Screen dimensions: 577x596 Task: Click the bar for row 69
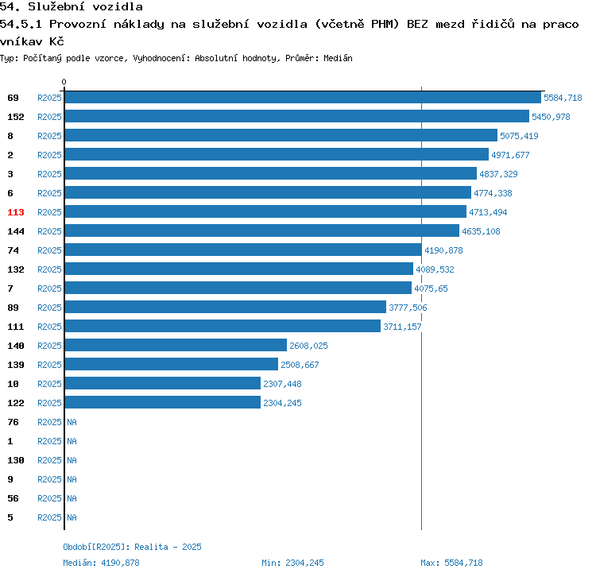pyautogui.click(x=302, y=98)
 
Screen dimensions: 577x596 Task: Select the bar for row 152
pyautogui.click(x=296, y=117)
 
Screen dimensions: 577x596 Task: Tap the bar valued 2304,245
pyautogui.click(x=163, y=403)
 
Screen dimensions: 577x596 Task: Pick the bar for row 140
pyautogui.click(x=176, y=346)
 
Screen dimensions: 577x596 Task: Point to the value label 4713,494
pyautogui.click(x=488, y=212)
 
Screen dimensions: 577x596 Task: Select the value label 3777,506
pyautogui.click(x=408, y=308)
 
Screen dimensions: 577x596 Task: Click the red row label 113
pyautogui.click(x=16, y=212)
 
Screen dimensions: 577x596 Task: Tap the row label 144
pyautogui.click(x=16, y=231)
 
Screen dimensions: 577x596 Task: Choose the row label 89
pyautogui.click(x=14, y=308)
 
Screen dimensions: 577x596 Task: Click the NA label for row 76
pyautogui.click(x=72, y=422)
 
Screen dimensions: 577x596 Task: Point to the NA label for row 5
pyautogui.click(x=72, y=517)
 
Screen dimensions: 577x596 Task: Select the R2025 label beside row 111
pyautogui.click(x=49, y=327)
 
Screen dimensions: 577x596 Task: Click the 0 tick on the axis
pyautogui.click(x=64, y=82)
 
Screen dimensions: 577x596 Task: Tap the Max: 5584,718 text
pyautogui.click(x=451, y=563)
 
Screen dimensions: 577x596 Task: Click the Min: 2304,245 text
pyautogui.click(x=292, y=563)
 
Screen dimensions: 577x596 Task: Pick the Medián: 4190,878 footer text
pyautogui.click(x=101, y=563)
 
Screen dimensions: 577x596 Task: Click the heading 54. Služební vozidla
pyautogui.click(x=72, y=7)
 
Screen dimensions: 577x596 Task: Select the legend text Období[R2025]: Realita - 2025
pyautogui.click(x=132, y=547)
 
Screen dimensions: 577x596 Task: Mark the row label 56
pyautogui.click(x=14, y=498)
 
